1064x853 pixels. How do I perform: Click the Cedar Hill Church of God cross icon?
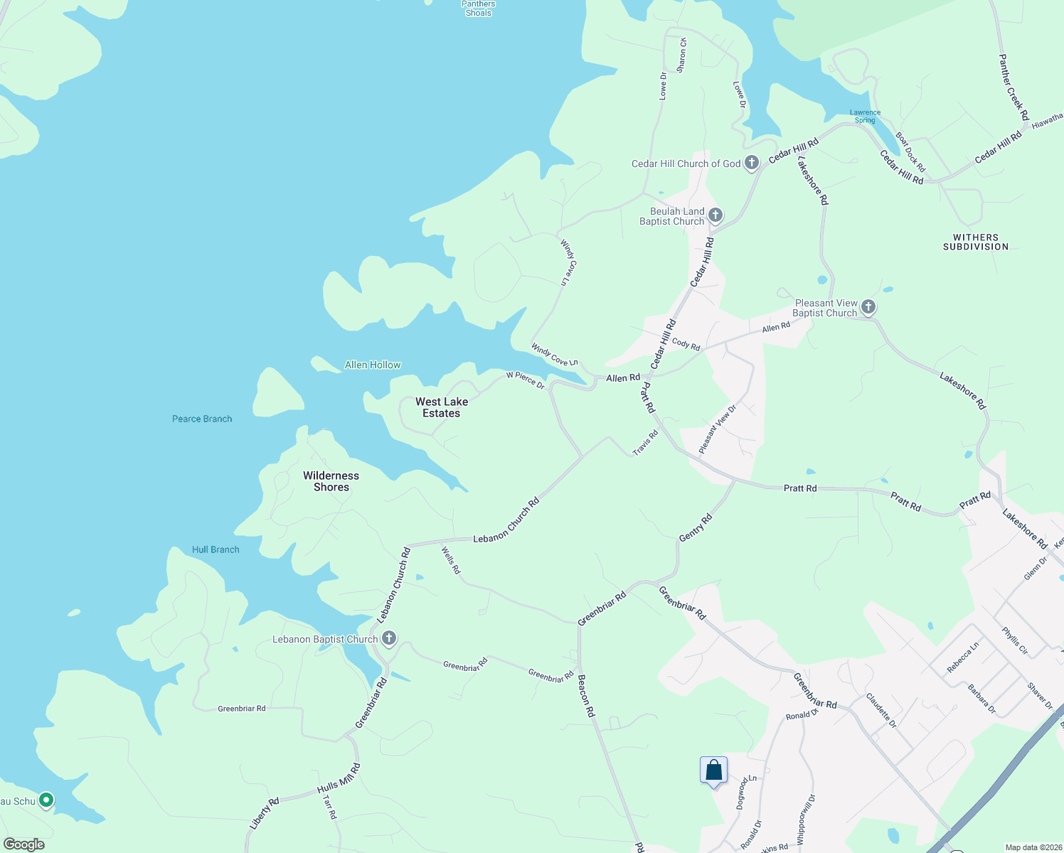[x=752, y=163]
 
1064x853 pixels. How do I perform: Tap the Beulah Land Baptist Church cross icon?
[x=715, y=215]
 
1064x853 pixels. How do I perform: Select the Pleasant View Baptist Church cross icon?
[x=868, y=307]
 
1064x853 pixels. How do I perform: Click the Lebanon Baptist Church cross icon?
[x=388, y=638]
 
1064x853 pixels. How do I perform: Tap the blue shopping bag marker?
[x=713, y=771]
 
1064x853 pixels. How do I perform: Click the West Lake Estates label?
[x=442, y=407]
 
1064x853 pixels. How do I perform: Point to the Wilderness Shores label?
[x=331, y=481]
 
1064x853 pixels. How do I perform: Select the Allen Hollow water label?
[x=373, y=365]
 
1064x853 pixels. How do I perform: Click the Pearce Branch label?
[x=202, y=419]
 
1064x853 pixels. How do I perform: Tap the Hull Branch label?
[x=216, y=549]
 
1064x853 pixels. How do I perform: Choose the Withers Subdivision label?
[x=976, y=242]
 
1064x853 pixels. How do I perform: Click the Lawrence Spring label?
[x=865, y=117]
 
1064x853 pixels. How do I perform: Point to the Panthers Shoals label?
[x=478, y=9]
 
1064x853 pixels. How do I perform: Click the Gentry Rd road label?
[x=696, y=528]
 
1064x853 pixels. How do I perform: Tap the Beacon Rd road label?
[x=585, y=695]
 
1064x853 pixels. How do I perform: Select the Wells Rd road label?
[x=451, y=560]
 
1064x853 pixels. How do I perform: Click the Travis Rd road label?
[x=646, y=443]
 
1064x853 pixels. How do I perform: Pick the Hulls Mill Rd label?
[x=339, y=778]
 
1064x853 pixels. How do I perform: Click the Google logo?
[x=24, y=844]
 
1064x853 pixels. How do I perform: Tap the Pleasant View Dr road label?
[x=717, y=429]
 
